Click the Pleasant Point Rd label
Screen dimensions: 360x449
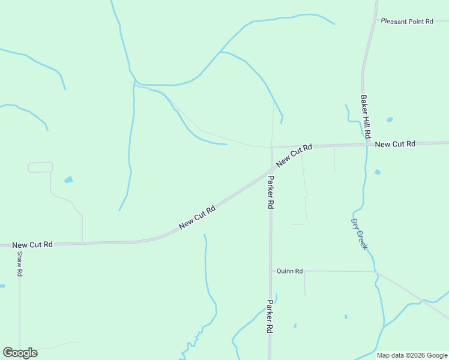pyautogui.click(x=407, y=22)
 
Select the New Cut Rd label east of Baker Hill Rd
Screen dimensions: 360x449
pyautogui.click(x=395, y=144)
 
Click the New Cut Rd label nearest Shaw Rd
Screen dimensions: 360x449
pyautogui.click(x=32, y=245)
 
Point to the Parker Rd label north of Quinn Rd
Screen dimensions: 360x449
pyautogui.click(x=271, y=192)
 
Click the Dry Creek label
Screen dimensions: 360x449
pyautogui.click(x=359, y=233)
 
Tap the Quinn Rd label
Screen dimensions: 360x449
pyautogui.click(x=289, y=271)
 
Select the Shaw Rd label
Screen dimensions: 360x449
pyautogui.click(x=20, y=263)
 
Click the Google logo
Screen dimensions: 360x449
pyautogui.click(x=20, y=353)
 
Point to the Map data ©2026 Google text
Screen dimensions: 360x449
pyautogui.click(x=412, y=355)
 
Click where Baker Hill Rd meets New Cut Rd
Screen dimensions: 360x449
pyautogui.click(x=366, y=145)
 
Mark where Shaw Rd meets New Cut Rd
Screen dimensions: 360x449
pyautogui.click(x=19, y=245)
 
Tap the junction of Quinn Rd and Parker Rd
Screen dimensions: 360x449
pyautogui.click(x=271, y=271)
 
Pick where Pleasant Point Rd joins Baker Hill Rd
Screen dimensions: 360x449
pyautogui.click(x=376, y=20)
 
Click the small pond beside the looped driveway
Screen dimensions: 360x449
pyautogui.click(x=68, y=179)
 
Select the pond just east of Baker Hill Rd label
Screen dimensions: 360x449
pyautogui.click(x=390, y=119)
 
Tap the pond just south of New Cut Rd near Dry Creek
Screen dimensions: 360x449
pyautogui.click(x=378, y=172)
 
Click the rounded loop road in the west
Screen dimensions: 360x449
pyautogui.click(x=40, y=167)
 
